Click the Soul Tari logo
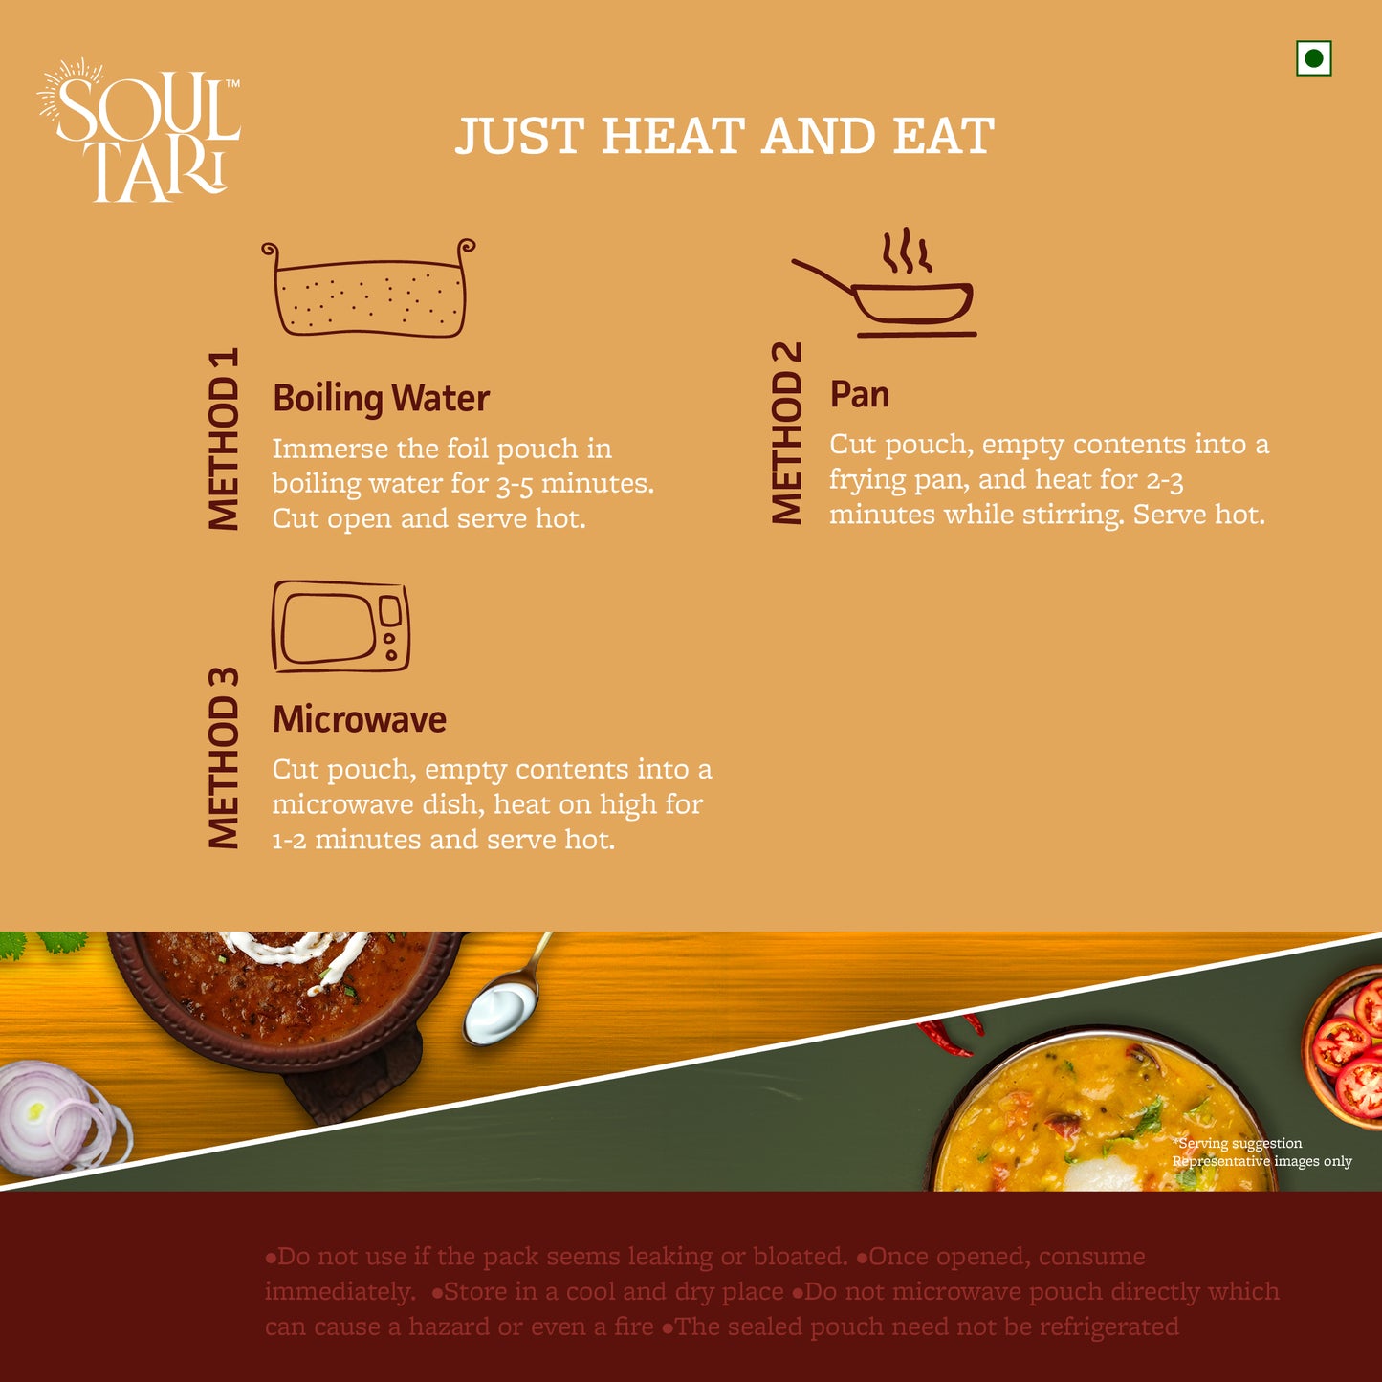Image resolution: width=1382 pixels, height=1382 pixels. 139,130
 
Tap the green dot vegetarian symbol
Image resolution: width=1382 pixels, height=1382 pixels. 1313,58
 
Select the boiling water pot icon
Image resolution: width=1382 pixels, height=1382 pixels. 368,288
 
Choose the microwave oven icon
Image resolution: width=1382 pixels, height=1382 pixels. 340,626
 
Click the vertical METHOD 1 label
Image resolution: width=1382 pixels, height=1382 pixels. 223,439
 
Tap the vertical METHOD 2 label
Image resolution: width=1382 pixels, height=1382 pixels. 786,432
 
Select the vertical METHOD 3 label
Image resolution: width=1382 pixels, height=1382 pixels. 223,758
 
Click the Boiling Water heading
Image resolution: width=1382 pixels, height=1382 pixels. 381,399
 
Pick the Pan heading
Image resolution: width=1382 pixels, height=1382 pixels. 859,394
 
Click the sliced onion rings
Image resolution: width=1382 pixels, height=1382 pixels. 61,1115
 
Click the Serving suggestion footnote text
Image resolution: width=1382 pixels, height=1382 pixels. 1261,1152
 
